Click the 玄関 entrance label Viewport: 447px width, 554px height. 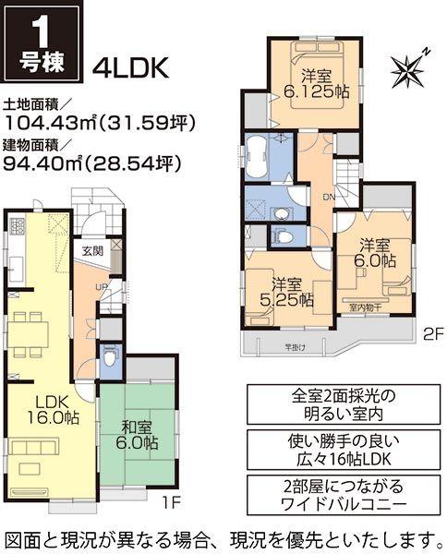point(91,249)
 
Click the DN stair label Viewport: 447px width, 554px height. point(328,198)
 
